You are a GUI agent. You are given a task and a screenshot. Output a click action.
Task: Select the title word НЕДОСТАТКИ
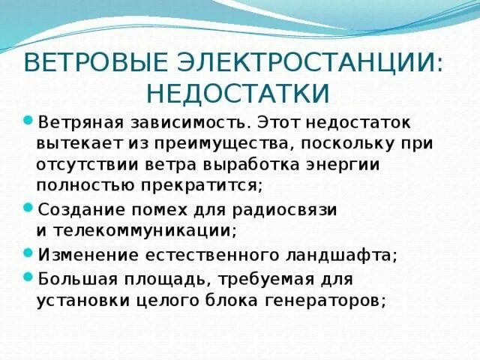pyautogui.click(x=239, y=93)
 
